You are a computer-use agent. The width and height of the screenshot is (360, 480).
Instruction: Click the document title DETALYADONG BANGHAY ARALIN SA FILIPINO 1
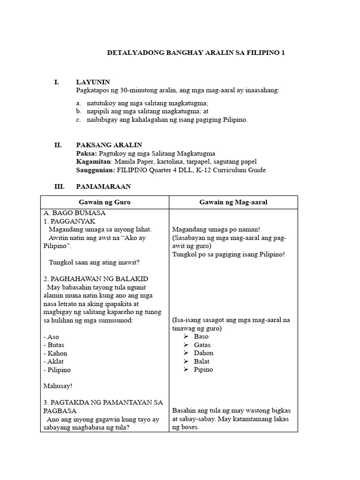click(x=196, y=53)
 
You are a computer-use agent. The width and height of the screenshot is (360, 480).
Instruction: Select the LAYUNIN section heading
click(x=93, y=82)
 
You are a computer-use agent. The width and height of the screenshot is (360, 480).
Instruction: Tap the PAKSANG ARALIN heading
click(x=109, y=145)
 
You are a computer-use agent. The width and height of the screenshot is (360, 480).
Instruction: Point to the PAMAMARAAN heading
click(x=104, y=186)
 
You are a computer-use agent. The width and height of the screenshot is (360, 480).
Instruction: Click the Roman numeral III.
click(x=59, y=186)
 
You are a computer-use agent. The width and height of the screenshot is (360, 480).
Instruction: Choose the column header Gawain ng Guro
click(x=105, y=202)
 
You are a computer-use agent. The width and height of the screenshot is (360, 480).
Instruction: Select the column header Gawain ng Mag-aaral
click(x=233, y=202)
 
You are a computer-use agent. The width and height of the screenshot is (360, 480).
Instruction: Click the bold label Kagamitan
click(x=91, y=162)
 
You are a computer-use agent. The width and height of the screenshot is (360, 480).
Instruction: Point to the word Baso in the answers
click(x=201, y=337)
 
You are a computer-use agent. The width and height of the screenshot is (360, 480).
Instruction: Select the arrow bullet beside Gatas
click(x=186, y=345)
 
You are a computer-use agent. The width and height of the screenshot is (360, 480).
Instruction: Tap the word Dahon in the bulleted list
click(x=203, y=353)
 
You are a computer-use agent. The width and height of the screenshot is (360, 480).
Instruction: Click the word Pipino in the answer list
click(x=203, y=369)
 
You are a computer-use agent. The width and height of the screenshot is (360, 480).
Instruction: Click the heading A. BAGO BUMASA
click(x=74, y=213)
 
